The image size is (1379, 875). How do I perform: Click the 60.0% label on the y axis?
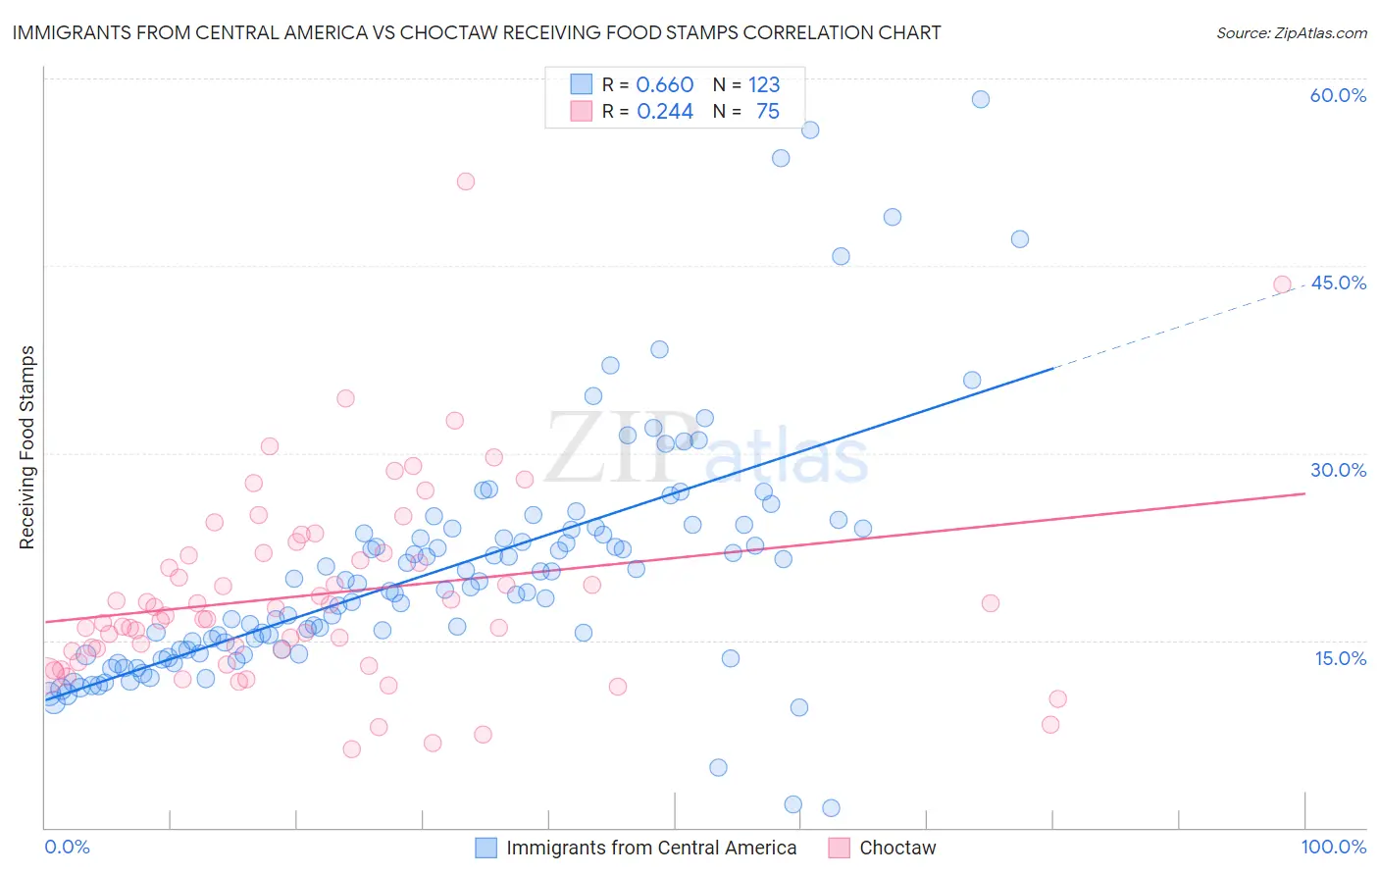[1338, 95]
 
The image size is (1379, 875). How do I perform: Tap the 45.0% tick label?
[1338, 283]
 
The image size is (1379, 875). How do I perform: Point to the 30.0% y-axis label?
[1338, 470]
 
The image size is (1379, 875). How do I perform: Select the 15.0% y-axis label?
[1340, 658]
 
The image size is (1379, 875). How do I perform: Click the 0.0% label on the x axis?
[67, 847]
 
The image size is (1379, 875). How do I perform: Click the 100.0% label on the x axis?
[1333, 847]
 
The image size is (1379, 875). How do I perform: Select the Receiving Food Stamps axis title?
[27, 447]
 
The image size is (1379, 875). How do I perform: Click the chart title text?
[477, 32]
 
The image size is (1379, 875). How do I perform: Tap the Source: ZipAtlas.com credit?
[1291, 32]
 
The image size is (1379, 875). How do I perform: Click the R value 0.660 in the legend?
[664, 85]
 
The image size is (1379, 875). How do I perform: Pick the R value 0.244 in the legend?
[664, 112]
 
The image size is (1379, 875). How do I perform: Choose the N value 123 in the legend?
[763, 85]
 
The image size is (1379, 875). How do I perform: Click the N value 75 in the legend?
[767, 112]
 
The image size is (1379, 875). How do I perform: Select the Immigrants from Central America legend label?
[651, 848]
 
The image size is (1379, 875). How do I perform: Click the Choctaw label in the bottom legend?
[897, 848]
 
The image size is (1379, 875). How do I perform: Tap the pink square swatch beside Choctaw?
[839, 848]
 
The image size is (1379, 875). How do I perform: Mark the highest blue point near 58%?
[980, 99]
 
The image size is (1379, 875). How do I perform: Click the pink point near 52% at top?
[466, 181]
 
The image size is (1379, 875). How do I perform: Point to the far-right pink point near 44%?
[1282, 284]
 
